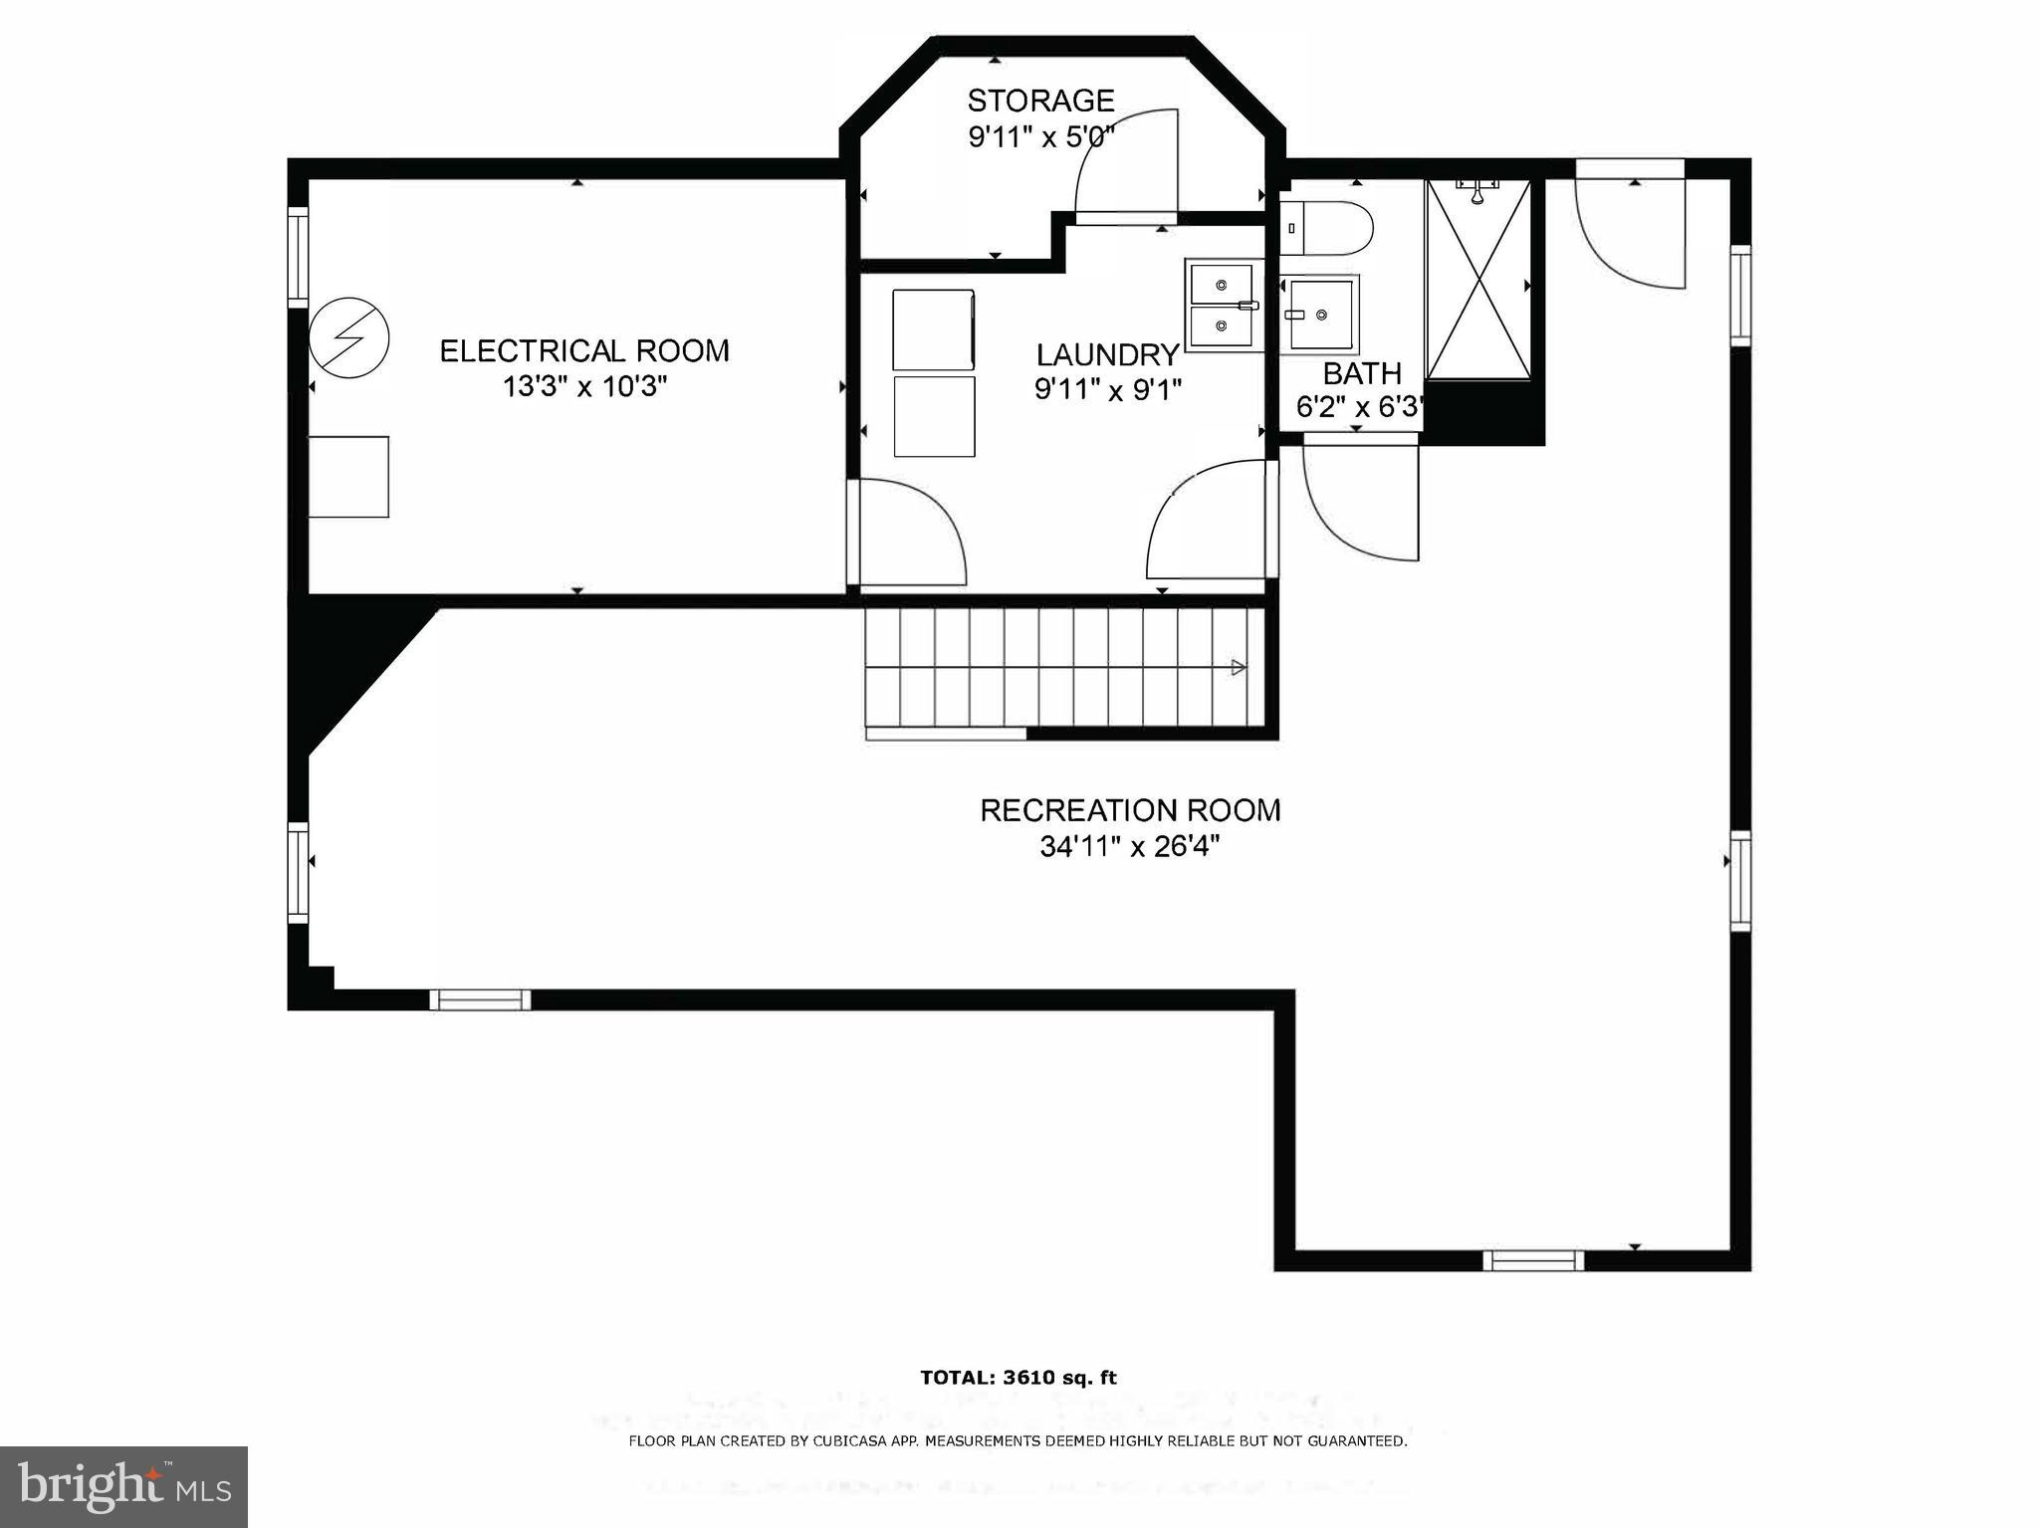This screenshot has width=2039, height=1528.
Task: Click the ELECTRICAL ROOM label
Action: [x=584, y=351]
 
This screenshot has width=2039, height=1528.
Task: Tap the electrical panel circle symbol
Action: [x=348, y=339]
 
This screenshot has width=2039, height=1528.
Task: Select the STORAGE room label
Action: [x=1040, y=101]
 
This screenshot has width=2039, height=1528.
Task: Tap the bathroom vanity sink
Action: [x=1320, y=315]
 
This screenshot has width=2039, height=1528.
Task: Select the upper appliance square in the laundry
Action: [x=933, y=329]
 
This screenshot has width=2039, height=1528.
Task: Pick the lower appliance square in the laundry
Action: [x=934, y=416]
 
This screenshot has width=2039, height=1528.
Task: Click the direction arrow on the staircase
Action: [x=1239, y=668]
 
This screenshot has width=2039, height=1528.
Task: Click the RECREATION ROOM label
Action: [x=1130, y=810]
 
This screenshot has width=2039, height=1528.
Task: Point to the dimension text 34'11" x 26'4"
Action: [x=1130, y=846]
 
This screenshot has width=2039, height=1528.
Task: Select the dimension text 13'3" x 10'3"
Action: [x=584, y=387]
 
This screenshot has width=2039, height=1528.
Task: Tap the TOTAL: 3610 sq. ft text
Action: [x=1019, y=1378]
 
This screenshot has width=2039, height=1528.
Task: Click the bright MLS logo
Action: [x=123, y=1487]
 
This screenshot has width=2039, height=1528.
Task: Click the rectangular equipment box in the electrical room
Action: [x=348, y=477]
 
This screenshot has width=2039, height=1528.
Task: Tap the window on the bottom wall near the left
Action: [x=480, y=999]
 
